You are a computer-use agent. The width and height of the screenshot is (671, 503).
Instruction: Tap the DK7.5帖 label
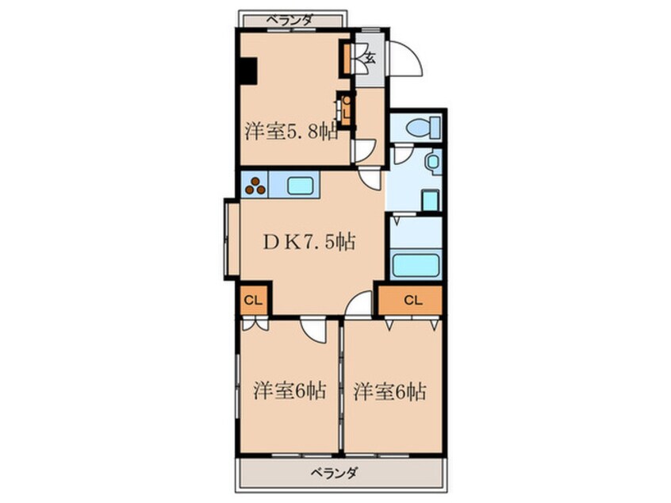(x=309, y=243)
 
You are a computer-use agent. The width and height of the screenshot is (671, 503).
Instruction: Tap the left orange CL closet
(x=254, y=300)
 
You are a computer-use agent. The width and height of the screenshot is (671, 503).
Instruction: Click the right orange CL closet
(x=411, y=300)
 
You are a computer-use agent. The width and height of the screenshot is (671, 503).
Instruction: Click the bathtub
(x=415, y=264)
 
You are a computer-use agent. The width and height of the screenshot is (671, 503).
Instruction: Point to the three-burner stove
(x=255, y=186)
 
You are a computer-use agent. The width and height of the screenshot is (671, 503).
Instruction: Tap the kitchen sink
(x=301, y=186)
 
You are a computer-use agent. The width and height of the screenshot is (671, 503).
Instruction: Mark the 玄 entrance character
(x=370, y=56)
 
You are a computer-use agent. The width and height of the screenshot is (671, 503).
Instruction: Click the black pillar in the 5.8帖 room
(x=248, y=71)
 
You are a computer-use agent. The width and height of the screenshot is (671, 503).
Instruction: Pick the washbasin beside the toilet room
(x=432, y=163)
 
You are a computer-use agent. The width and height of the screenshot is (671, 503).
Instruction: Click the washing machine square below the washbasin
(x=430, y=200)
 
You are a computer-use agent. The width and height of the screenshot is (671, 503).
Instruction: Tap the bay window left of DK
(x=231, y=240)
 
